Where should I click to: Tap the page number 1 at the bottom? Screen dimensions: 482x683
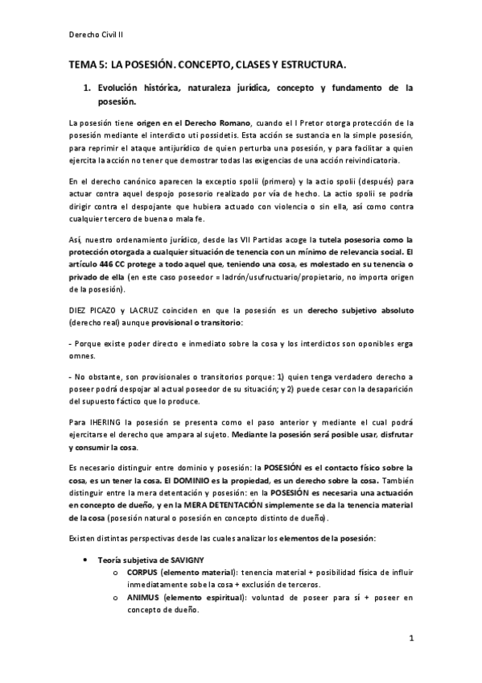(410, 640)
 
